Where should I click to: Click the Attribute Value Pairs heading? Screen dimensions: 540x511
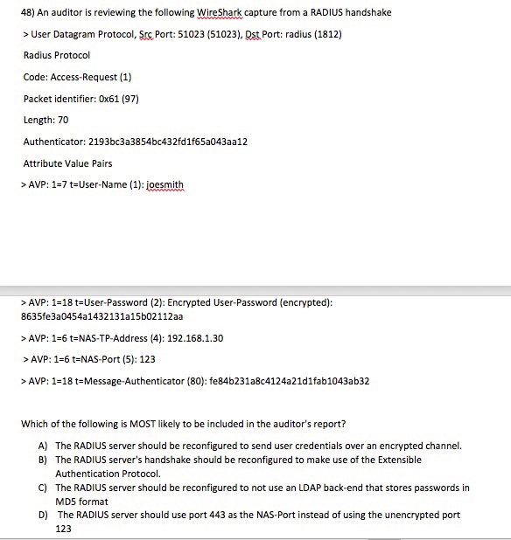(67, 163)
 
